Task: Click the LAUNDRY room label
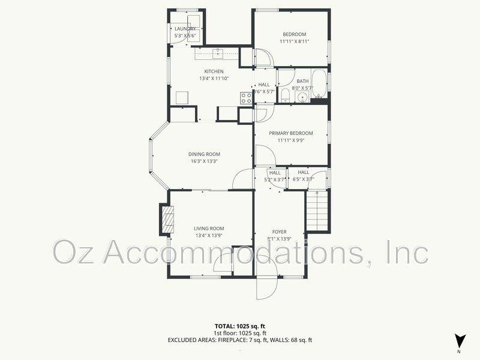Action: coord(185,29)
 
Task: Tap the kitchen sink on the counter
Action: coord(218,53)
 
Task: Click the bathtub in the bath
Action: coord(320,85)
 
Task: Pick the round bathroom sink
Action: coord(300,98)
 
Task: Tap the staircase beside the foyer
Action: coord(317,211)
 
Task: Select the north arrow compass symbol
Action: coord(460,340)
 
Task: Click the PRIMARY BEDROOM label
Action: coord(291,133)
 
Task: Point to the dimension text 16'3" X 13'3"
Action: coord(203,161)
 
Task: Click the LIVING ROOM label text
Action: coord(208,228)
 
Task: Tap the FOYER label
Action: coord(279,232)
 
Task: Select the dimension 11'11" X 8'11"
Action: coord(294,42)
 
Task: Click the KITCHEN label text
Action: coord(214,71)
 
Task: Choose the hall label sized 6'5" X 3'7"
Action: coord(303,179)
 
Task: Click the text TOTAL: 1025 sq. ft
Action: coord(239,326)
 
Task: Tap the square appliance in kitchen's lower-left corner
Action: coord(182,98)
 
